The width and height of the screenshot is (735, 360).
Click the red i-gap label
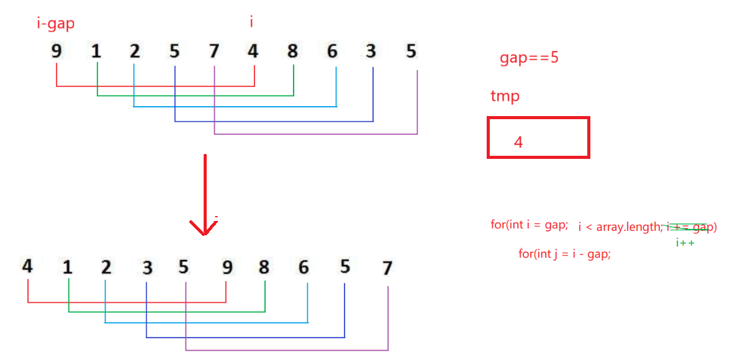56,24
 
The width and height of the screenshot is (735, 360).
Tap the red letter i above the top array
251,22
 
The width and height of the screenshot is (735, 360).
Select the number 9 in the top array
56,52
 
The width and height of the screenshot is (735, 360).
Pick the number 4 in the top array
253,52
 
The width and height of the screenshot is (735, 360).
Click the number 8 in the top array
292,52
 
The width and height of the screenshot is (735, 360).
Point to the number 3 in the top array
371,52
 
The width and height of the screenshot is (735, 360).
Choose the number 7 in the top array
214,52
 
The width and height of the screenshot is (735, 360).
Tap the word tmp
505,97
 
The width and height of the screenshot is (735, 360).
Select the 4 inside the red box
518,142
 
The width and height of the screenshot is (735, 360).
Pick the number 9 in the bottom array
227,268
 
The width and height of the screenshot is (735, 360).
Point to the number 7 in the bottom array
387,268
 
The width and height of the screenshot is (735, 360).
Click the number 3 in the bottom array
147,268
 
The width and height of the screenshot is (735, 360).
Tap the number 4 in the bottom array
27,267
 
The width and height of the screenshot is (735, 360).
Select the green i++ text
685,243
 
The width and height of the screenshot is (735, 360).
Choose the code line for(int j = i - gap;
564,254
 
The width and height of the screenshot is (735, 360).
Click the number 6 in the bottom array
304,268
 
